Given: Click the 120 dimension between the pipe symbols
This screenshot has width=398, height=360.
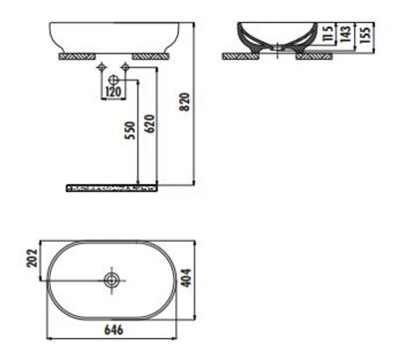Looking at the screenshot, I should click(113, 91).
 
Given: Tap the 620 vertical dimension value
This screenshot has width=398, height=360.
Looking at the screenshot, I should click(149, 124).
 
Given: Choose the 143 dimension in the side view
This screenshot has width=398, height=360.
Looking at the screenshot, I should click(346, 38).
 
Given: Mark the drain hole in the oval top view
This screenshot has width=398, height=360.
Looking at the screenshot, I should click(113, 281).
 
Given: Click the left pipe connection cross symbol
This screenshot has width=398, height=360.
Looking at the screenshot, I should click(101, 69).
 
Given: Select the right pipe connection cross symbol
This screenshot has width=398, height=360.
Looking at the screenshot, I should click(125, 69).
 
